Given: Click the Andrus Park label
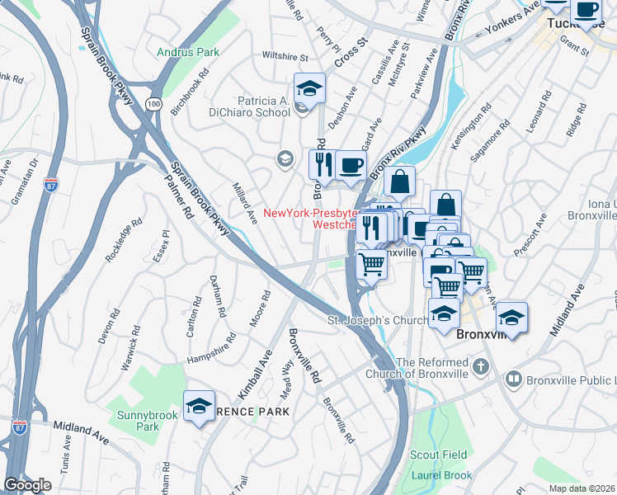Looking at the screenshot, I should pyautogui.click(x=188, y=52).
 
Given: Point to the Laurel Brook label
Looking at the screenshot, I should pyautogui.click(x=441, y=475).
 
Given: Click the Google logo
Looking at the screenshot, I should pyautogui.click(x=27, y=485).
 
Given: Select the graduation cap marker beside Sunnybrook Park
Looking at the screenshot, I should pyautogui.click(x=199, y=407).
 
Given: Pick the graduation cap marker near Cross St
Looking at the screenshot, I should pyautogui.click(x=309, y=88).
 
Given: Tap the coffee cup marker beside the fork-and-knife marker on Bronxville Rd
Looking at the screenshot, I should pyautogui.click(x=351, y=164).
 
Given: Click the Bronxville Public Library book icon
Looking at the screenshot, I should pyautogui.click(x=513, y=379).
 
